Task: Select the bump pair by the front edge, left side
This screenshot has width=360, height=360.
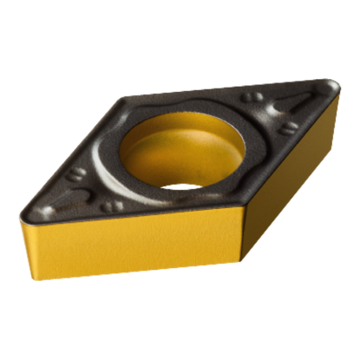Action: point(111,206)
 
